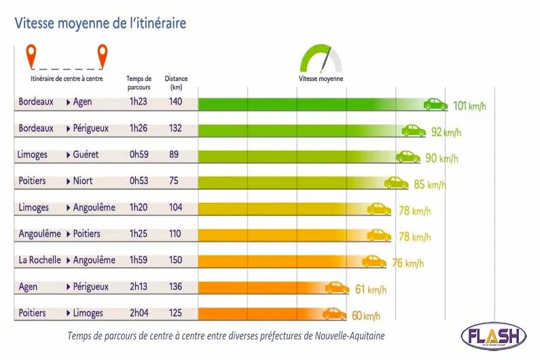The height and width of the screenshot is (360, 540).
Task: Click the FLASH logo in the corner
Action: (x=493, y=337)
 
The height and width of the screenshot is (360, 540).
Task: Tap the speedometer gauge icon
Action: (x=321, y=59)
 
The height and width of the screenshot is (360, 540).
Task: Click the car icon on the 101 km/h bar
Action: (x=435, y=104)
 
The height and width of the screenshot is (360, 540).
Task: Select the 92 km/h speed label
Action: (x=446, y=132)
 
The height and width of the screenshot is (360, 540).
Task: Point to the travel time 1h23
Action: (x=138, y=103)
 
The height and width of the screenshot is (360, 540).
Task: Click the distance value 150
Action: (x=176, y=260)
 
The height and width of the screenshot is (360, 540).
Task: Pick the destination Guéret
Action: (x=86, y=155)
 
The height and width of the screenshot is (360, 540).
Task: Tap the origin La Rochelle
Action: (x=39, y=260)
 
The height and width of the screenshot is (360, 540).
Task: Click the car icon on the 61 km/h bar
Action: (x=337, y=288)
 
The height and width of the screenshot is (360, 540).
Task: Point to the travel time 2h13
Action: (x=138, y=287)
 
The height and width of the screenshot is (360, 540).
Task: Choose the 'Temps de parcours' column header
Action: (x=139, y=82)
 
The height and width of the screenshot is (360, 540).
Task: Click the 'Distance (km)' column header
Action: (x=176, y=82)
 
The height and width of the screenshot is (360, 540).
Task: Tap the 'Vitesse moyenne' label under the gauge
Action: (x=321, y=79)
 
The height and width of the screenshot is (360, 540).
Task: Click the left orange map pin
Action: (x=31, y=56)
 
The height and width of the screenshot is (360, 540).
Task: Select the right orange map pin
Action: (x=102, y=56)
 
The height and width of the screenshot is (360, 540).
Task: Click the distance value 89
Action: (x=174, y=155)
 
